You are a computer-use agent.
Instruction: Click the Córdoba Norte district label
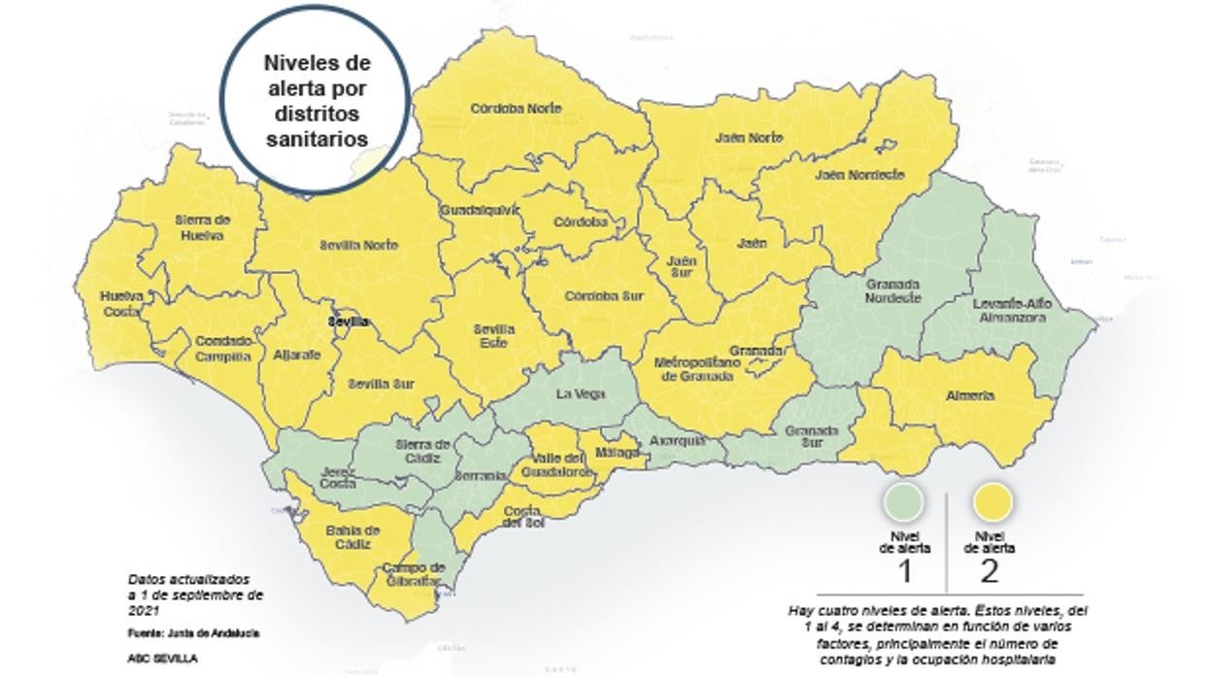tap(516, 109)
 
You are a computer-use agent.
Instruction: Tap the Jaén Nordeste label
tap(859, 176)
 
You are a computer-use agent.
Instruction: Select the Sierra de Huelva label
tap(202, 227)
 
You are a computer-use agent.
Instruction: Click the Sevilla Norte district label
tap(358, 246)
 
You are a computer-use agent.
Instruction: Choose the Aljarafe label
tap(297, 356)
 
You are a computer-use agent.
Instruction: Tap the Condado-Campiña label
tap(223, 349)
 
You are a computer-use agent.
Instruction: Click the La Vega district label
tap(581, 394)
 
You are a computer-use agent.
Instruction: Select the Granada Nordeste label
tap(892, 291)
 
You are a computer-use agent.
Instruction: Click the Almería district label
tap(969, 396)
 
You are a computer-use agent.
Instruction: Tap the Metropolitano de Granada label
tap(697, 369)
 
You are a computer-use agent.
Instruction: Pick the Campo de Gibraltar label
tap(413, 574)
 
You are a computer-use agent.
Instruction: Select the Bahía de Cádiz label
tap(353, 537)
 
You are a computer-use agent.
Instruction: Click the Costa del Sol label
tap(524, 517)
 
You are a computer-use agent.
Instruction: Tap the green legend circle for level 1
tap(903, 503)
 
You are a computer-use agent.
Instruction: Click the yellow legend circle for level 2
tap(991, 503)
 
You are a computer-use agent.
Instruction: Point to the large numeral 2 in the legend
tap(989, 571)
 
